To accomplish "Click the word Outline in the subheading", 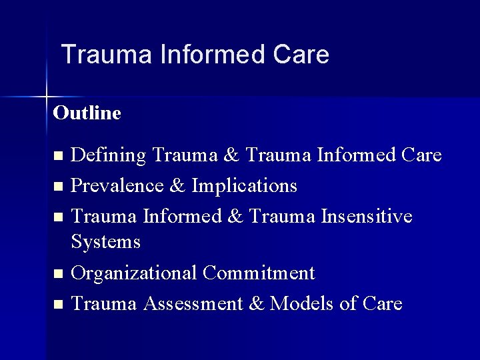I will click(x=87, y=113).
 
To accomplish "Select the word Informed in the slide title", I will click(x=213, y=55).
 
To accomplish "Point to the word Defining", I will click(x=109, y=156).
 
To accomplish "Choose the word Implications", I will click(x=244, y=185).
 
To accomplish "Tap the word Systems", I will click(x=105, y=241).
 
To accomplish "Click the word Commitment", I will click(x=259, y=273).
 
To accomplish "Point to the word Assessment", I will click(x=194, y=304).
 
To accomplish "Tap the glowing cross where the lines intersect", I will click(x=47, y=97).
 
